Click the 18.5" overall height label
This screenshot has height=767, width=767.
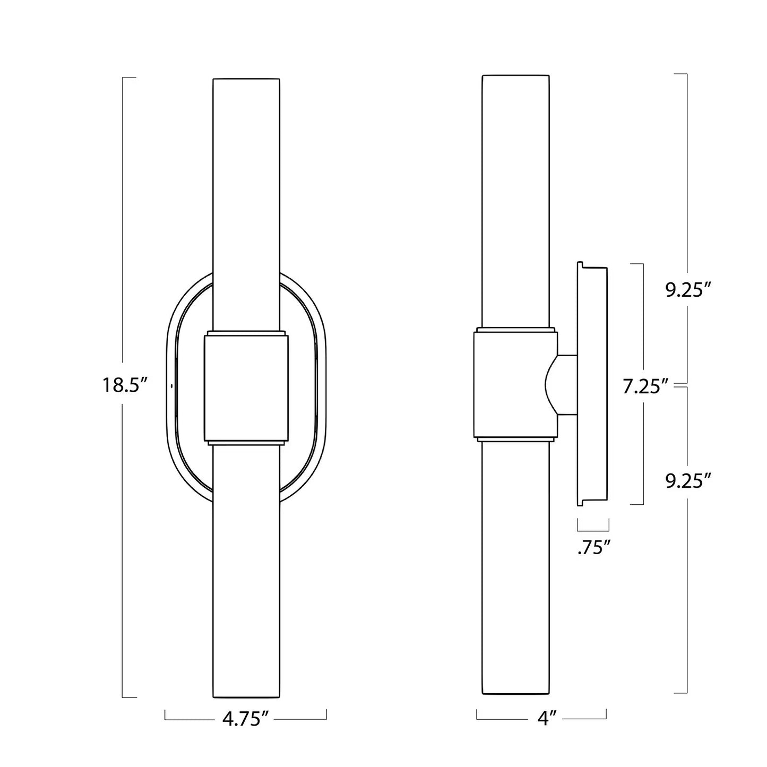(x=124, y=385)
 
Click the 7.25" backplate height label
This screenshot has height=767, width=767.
(x=644, y=387)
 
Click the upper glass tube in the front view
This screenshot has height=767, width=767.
(x=245, y=202)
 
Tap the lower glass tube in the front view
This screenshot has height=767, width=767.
(x=245, y=573)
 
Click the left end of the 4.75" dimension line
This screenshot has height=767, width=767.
(x=165, y=719)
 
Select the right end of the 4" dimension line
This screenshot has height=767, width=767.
(x=607, y=719)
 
